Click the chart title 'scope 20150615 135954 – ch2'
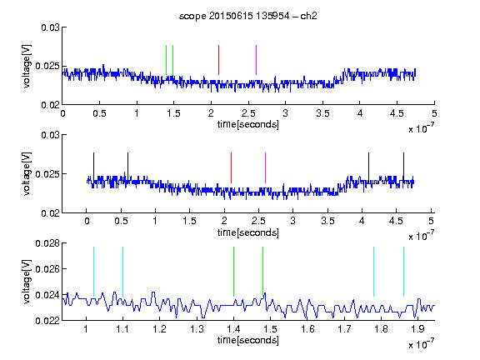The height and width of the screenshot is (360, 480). [248, 16]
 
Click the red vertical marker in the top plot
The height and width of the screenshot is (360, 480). [218, 60]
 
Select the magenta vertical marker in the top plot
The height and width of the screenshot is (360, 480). [256, 60]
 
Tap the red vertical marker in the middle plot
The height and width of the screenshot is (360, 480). [231, 167]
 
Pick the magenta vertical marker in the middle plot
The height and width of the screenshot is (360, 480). [265, 167]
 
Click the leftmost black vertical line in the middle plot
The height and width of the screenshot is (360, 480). [93, 167]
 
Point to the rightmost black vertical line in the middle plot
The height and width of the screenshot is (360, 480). [403, 167]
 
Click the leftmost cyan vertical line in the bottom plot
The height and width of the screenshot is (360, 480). [93, 272]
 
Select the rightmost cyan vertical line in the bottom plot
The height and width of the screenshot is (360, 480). [403, 272]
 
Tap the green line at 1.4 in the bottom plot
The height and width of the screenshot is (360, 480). [233, 272]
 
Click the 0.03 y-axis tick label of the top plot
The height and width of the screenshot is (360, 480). [50, 27]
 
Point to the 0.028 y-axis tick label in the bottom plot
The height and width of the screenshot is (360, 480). [47, 243]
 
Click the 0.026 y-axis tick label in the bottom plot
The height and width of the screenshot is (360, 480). [47, 269]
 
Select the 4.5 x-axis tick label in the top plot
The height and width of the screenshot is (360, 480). [397, 113]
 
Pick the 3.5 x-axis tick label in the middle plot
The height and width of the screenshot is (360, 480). [327, 221]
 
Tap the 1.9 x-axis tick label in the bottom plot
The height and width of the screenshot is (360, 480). [417, 329]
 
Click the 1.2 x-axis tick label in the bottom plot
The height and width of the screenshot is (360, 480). [159, 329]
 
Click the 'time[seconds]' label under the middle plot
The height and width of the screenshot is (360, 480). [248, 232]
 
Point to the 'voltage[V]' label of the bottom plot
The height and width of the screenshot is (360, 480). [27, 282]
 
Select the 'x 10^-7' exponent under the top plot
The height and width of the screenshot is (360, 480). [421, 128]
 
